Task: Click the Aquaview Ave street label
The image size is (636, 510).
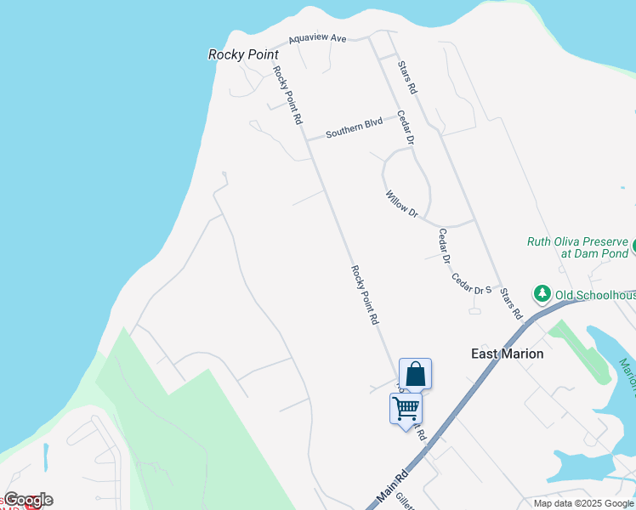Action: pyautogui.click(x=317, y=38)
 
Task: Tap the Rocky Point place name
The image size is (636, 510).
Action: pyautogui.click(x=243, y=54)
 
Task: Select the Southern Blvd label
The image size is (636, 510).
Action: pyautogui.click(x=355, y=129)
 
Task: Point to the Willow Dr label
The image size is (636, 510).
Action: pyautogui.click(x=401, y=204)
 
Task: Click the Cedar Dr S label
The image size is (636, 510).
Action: pyautogui.click(x=472, y=284)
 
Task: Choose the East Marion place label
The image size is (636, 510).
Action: pyautogui.click(x=508, y=354)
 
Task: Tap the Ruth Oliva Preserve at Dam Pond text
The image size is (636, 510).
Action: pyautogui.click(x=577, y=247)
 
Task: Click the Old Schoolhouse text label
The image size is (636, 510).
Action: pyautogui.click(x=595, y=295)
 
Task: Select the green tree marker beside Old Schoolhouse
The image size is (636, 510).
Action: pyautogui.click(x=542, y=294)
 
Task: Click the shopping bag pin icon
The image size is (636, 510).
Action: pyautogui.click(x=415, y=373)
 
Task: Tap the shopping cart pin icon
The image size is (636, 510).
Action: pyautogui.click(x=406, y=408)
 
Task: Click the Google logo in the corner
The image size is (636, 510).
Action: pyautogui.click(x=28, y=500)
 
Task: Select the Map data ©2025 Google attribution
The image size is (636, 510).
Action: pyautogui.click(x=584, y=503)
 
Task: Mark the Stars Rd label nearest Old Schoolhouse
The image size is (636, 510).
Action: pyautogui.click(x=511, y=303)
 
